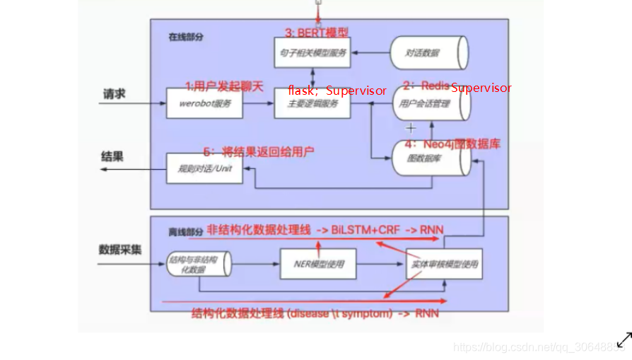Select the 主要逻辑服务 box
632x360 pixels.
tap(312, 103)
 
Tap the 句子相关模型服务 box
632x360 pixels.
tap(312, 52)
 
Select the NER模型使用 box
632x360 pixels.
tap(318, 265)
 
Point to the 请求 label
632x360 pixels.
tap(115, 93)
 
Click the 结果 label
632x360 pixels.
tap(112, 156)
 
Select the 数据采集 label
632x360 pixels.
tap(120, 249)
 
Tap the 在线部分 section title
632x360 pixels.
tap(185, 37)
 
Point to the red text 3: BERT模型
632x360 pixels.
tap(316, 33)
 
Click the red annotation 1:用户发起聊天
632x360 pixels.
tap(224, 86)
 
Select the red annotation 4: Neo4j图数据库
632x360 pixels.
tap(452, 144)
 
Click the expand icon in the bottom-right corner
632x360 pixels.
tap(624, 339)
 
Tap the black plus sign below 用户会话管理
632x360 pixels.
tap(410, 129)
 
